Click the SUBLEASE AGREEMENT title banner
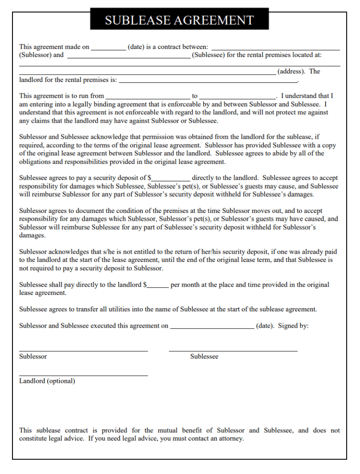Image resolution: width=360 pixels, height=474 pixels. coord(179,20)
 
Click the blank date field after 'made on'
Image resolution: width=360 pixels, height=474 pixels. coord(109,48)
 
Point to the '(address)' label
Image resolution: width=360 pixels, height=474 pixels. coord(291,72)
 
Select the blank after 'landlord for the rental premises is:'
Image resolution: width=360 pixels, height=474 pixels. coord(208,81)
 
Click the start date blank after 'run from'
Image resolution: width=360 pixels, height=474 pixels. coord(148,97)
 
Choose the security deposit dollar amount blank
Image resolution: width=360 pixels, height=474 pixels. coord(171,178)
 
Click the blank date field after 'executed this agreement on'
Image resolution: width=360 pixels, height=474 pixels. coord(212,326)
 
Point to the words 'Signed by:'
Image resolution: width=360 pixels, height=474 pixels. coord(293,326)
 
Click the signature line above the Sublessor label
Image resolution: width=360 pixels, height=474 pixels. coord(83,351)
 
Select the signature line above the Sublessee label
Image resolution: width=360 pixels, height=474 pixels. coord(233,351)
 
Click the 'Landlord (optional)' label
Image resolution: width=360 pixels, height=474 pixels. coord(47,381)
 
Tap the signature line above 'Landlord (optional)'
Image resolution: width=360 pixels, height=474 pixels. coord(83,375)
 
